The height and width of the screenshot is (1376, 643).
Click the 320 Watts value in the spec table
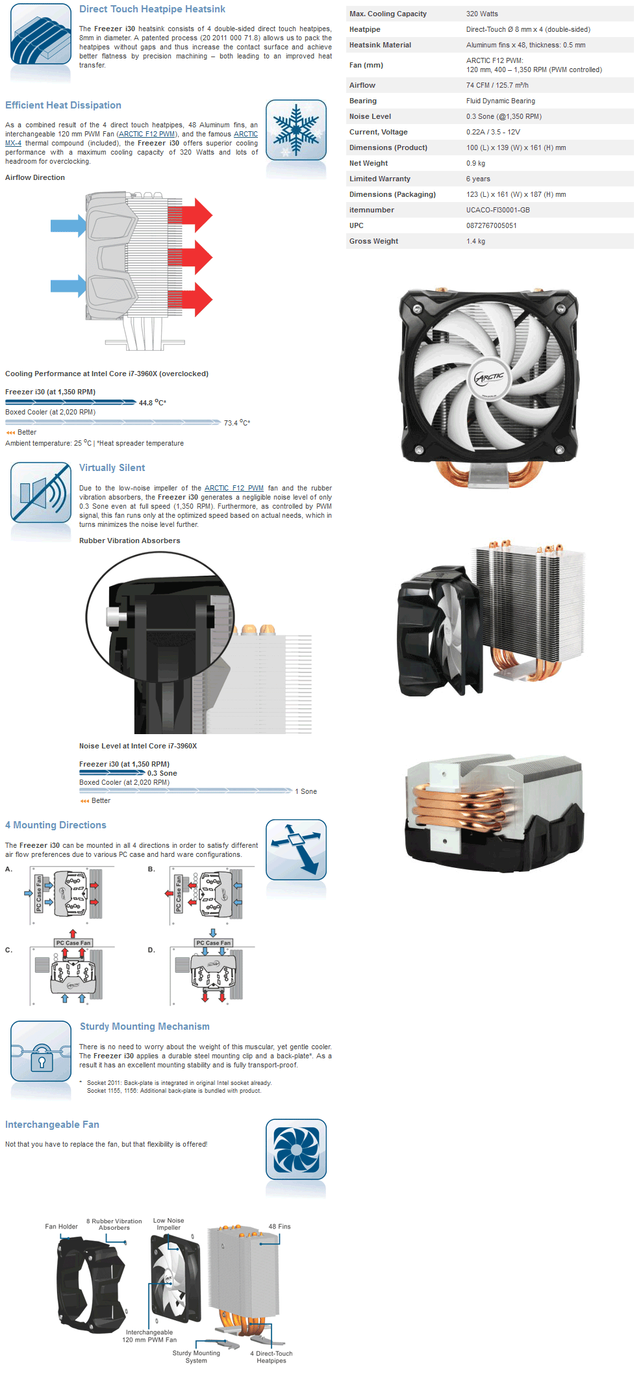[482, 14]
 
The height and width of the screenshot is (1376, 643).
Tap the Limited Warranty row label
[379, 179]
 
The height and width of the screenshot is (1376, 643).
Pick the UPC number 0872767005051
[491, 225]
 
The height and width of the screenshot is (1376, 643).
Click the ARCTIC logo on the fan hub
[489, 377]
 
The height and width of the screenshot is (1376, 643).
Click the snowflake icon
[296, 130]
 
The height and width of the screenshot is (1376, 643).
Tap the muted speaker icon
[41, 492]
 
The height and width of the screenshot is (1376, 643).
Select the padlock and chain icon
[41, 1051]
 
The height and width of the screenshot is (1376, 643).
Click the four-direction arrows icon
[296, 849]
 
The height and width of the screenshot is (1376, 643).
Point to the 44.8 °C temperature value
[152, 403]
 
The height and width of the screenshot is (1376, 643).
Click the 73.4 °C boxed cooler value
[236, 423]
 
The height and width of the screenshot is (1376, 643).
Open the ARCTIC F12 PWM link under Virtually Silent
[234, 488]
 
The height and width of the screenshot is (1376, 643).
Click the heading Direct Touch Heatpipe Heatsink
[152, 9]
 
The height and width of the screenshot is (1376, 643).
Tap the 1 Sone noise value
[306, 791]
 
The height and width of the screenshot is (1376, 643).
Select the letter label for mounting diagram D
[151, 950]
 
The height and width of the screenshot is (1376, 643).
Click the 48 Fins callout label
[279, 1227]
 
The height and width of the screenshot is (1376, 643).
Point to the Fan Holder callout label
[61, 1227]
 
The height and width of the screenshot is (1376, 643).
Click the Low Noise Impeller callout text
[168, 1224]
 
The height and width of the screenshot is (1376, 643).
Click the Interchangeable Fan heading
[52, 1125]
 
